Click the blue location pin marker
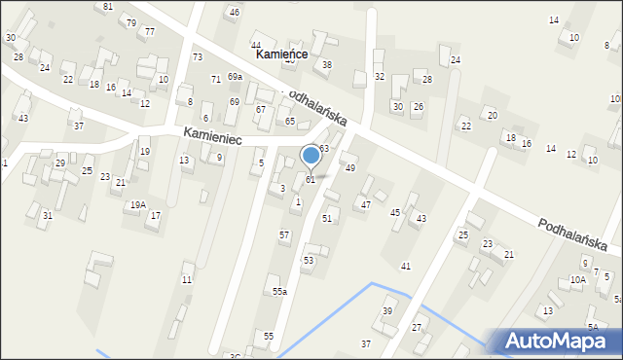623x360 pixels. (311, 155)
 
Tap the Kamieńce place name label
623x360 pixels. (281, 54)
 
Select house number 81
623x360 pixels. (107, 7)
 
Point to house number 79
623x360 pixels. (131, 22)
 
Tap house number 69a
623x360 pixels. (235, 76)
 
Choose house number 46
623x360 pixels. (233, 12)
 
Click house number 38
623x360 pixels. (327, 64)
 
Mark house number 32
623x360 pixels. (380, 76)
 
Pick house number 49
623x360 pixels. (350, 168)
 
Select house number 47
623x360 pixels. (365, 204)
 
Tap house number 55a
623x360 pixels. (279, 292)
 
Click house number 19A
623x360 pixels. (138, 204)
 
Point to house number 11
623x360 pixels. (187, 280)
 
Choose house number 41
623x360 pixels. (406, 266)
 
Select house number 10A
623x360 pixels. (577, 279)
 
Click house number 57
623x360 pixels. (284, 235)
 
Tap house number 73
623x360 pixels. (198, 58)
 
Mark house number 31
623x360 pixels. (47, 215)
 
